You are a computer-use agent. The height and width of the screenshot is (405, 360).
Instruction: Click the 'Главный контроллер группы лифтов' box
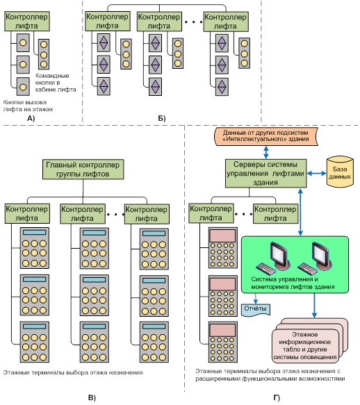pyautogui.click(x=83, y=170)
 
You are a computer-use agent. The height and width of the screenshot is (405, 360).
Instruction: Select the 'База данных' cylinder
pyautogui.click(x=340, y=171)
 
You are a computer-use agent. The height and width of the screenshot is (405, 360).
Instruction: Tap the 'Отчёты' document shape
pyautogui.click(x=256, y=309)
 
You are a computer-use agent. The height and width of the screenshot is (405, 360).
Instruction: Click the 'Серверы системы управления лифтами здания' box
pyautogui.click(x=265, y=173)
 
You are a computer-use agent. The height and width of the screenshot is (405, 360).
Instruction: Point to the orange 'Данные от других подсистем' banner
pyautogui.click(x=266, y=136)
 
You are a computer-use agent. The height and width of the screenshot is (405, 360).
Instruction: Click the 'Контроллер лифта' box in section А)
pyautogui.click(x=27, y=22)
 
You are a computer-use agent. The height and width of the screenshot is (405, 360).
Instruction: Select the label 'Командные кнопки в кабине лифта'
pyautogui.click(x=56, y=83)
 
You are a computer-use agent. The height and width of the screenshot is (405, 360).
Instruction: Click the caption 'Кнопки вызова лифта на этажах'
pyautogui.click(x=28, y=106)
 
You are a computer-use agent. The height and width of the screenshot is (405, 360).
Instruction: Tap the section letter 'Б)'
pyautogui.click(x=162, y=118)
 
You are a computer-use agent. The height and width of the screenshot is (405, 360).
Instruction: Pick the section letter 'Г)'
pyautogui.click(x=277, y=398)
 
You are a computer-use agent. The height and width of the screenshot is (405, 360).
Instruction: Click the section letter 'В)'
pyautogui.click(x=92, y=398)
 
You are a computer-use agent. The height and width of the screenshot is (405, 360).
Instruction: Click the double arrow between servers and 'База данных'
pyautogui.click(x=317, y=174)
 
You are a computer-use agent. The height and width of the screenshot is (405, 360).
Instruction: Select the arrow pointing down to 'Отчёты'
pyautogui.click(x=256, y=298)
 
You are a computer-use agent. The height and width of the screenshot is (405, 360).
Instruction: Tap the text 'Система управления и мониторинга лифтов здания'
pyautogui.click(x=293, y=283)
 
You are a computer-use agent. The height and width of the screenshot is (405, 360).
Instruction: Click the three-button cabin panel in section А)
pyautogui.click(x=44, y=54)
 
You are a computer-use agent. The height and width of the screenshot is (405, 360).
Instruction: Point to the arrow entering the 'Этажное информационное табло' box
pyautogui.click(x=314, y=306)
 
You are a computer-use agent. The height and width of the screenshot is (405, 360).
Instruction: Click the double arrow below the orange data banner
pyautogui.click(x=266, y=152)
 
